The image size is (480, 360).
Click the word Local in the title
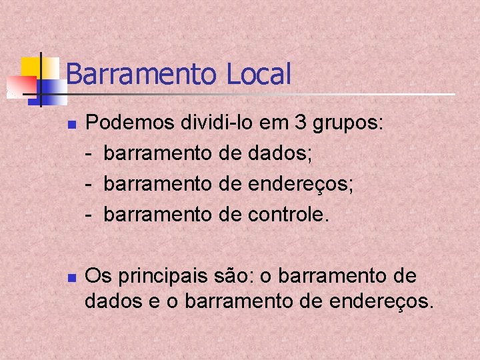click(259, 73)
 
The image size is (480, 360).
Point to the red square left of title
click(21, 85)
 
